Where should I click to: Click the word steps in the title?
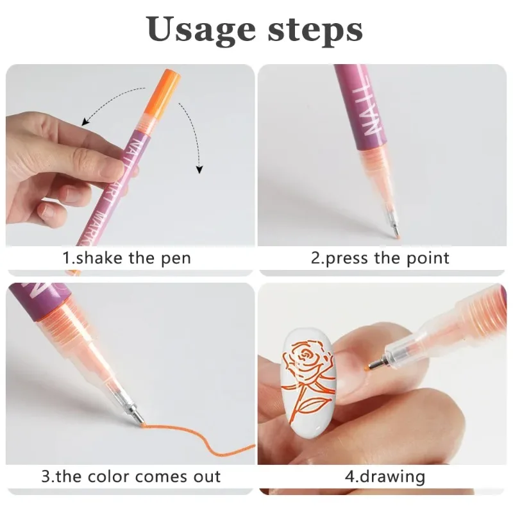click(x=315, y=29)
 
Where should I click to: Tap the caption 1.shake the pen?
click(x=126, y=258)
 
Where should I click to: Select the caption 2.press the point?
click(x=380, y=258)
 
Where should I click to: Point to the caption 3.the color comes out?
click(x=131, y=476)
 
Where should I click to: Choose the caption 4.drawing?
click(x=385, y=476)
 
